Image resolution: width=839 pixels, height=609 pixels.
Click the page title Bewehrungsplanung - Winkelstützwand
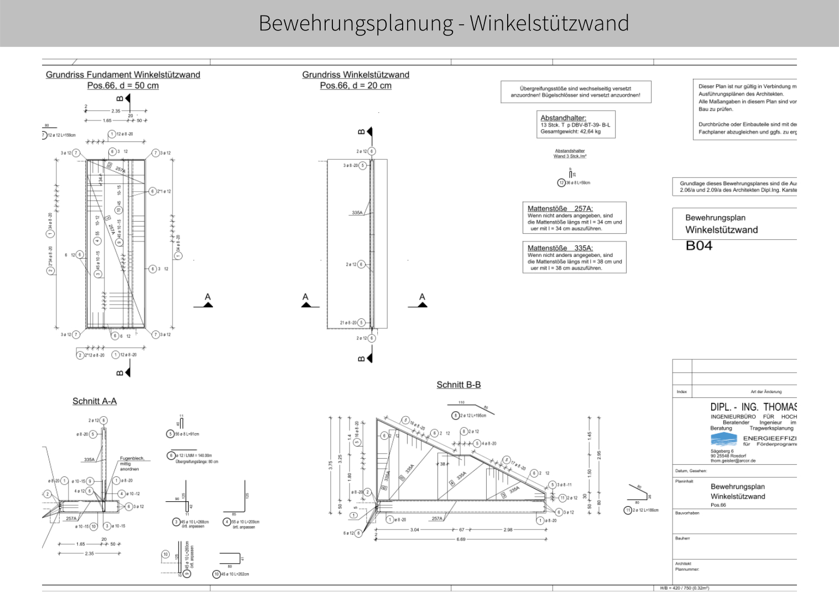444,23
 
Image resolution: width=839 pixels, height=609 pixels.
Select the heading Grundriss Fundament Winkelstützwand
123,75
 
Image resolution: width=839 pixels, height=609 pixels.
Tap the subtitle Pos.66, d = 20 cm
356,86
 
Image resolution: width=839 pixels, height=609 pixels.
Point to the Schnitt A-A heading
95,401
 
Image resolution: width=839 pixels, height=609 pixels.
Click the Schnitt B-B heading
458,385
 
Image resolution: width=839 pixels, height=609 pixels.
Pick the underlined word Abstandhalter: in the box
563,118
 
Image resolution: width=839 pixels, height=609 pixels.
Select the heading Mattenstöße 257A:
560,208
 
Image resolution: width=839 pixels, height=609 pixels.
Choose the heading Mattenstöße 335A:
560,248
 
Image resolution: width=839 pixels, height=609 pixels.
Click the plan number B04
699,246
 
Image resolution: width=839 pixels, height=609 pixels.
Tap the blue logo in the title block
724,439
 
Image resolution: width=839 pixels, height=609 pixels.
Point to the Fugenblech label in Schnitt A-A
132,458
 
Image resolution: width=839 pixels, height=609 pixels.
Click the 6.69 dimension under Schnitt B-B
461,539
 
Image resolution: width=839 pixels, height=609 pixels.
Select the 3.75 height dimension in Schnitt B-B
331,465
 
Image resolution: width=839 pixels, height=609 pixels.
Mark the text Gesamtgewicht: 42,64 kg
570,132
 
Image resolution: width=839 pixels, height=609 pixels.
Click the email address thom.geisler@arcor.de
733,460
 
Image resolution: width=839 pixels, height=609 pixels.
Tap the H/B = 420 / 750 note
684,588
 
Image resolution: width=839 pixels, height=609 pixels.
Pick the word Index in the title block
681,392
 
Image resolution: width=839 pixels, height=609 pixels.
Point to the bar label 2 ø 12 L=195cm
473,416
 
